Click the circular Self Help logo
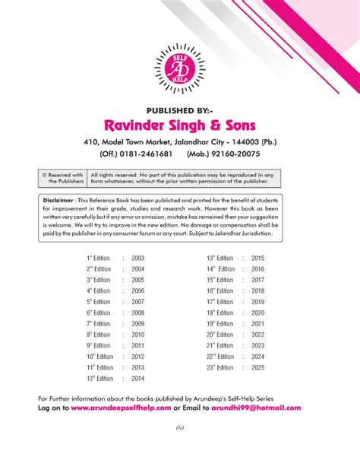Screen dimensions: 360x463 pos(179,65)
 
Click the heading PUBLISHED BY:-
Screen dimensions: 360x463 pos(179,109)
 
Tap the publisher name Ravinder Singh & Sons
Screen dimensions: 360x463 pos(180,124)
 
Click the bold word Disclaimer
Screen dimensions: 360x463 pos(58,200)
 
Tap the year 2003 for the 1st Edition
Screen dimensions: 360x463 pos(137,258)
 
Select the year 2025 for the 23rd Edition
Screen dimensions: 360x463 pos(257,367)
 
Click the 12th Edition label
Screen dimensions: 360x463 pos(99,378)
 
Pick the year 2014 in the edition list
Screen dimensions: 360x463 pos(137,378)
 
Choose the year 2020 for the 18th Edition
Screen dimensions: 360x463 pos(257,312)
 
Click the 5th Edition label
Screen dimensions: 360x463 pos(99,302)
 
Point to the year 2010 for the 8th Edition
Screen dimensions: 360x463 pos(137,335)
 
